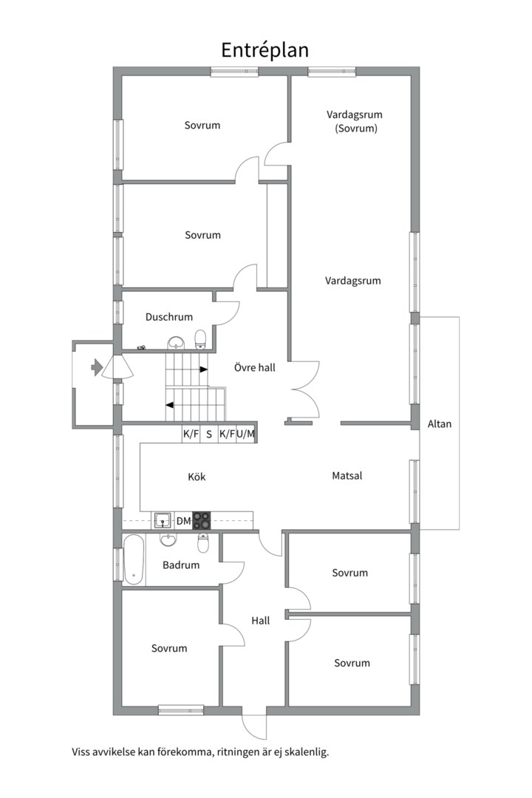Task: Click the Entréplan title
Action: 265,51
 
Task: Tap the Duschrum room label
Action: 169,317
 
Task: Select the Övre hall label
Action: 254,367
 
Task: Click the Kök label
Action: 197,477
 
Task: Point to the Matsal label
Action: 347,476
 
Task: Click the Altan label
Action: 440,424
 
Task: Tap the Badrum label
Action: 181,565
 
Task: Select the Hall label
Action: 261,621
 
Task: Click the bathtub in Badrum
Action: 134,559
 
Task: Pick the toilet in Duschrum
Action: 200,339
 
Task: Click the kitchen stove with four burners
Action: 202,521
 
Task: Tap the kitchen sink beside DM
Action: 163,521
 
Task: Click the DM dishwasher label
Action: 183,521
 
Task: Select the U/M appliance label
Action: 245,434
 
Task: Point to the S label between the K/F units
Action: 208,434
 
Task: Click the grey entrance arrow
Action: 97,367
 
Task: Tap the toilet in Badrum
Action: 203,543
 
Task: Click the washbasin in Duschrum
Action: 175,342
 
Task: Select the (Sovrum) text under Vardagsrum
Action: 356,129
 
